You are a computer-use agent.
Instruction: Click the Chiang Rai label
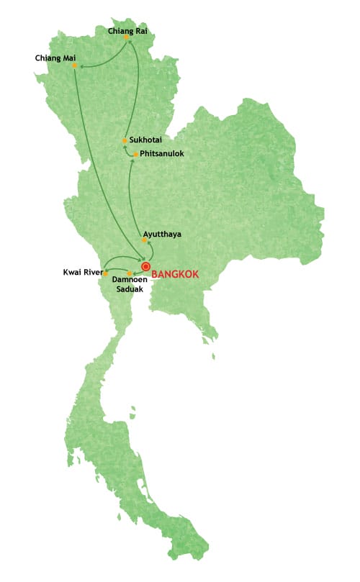(128, 31)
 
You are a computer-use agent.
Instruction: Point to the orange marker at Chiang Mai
(74, 65)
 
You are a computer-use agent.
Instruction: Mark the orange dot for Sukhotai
(125, 140)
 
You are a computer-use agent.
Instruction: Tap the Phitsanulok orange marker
(135, 154)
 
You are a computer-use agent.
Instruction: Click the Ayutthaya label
(162, 235)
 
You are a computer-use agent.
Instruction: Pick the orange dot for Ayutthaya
(144, 240)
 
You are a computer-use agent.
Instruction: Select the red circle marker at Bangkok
(145, 266)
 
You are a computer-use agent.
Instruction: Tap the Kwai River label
(83, 273)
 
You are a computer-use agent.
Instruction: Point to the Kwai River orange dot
(106, 273)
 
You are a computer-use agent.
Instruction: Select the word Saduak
(130, 290)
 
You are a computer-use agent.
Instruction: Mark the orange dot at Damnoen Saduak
(130, 273)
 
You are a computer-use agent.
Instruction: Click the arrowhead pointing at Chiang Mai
(81, 67)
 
